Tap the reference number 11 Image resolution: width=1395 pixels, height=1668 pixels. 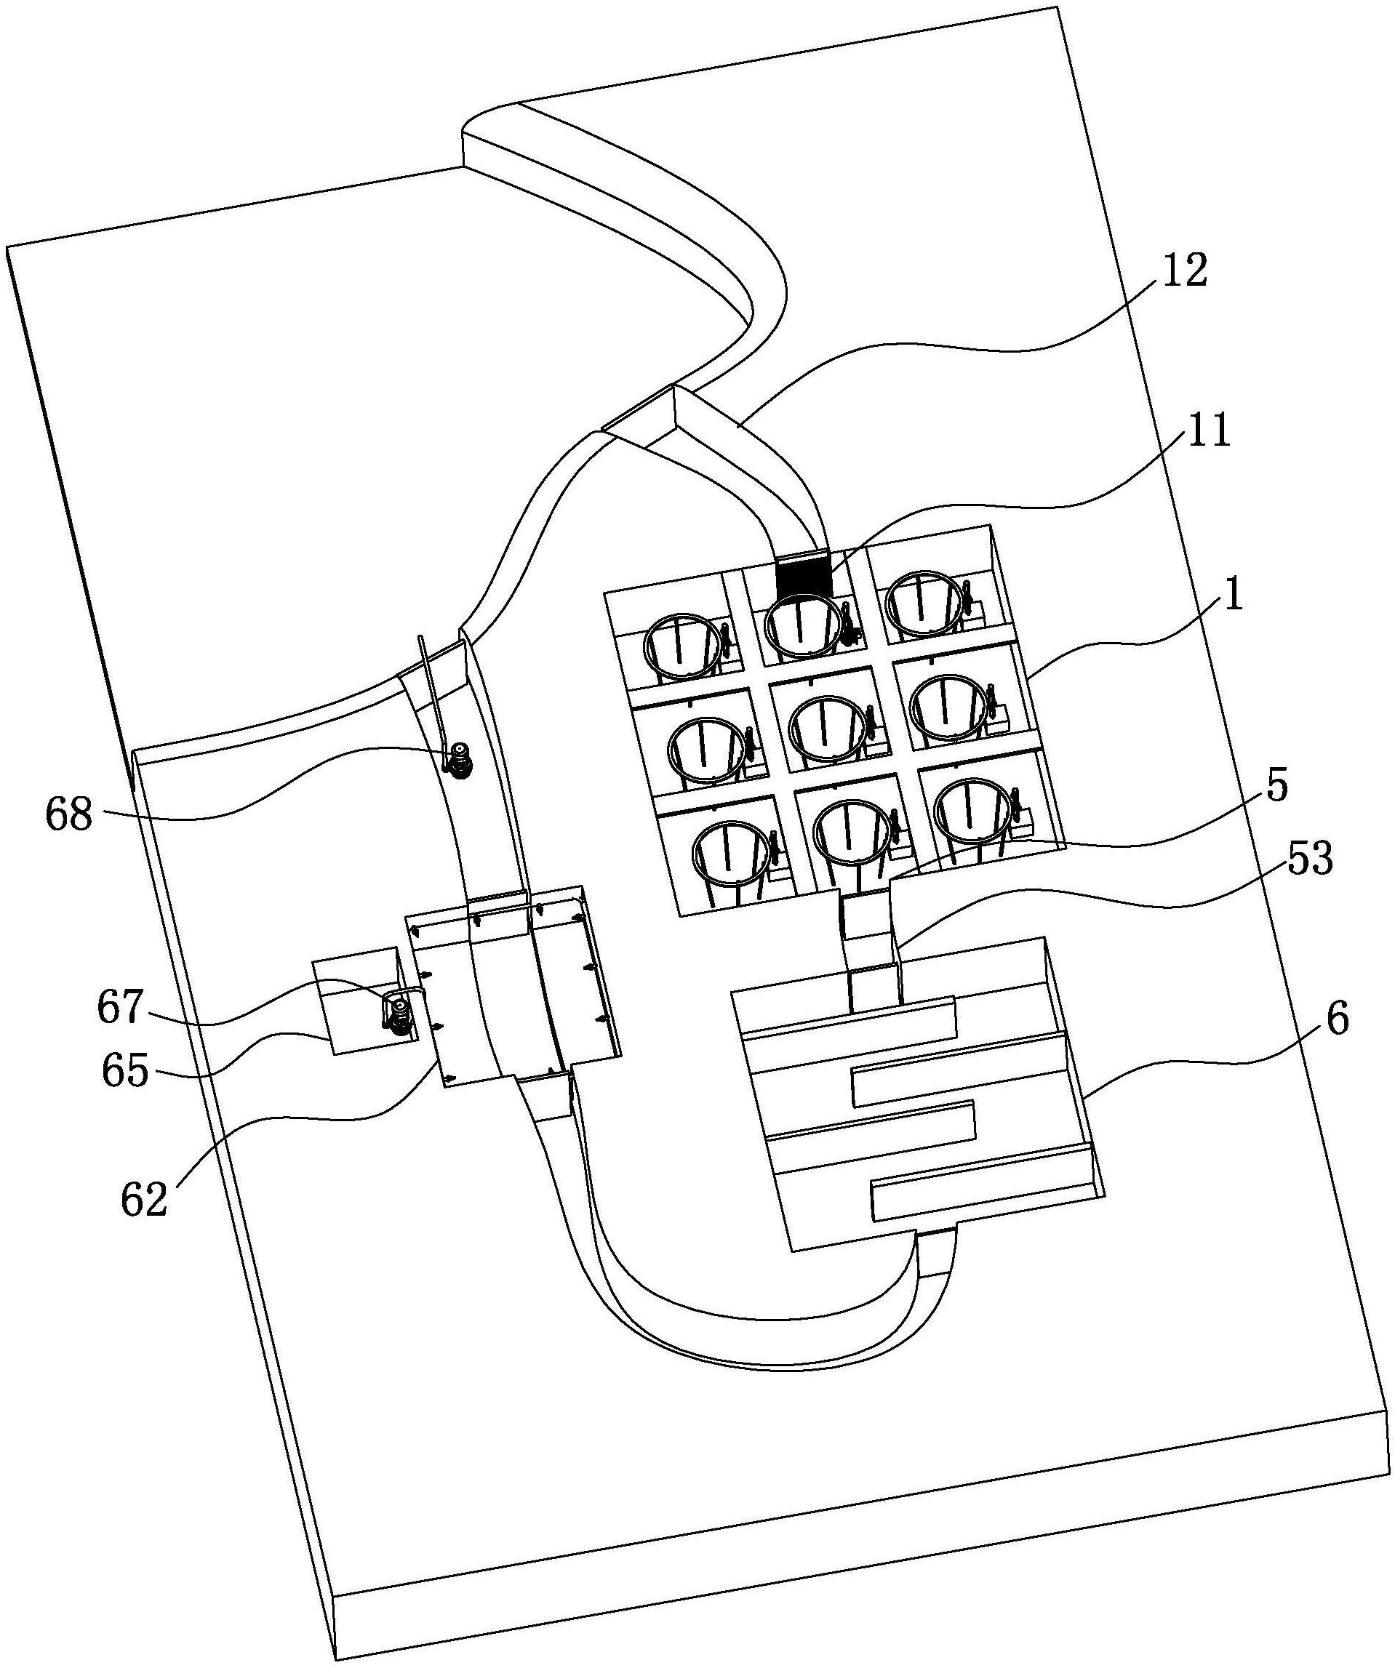1208,432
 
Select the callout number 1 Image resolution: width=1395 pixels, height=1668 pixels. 1233,593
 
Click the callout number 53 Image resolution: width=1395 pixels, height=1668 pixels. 1310,859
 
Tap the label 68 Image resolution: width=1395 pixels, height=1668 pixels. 69,814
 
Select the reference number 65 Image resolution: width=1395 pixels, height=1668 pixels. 126,1072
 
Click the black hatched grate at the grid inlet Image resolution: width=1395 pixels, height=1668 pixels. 803,579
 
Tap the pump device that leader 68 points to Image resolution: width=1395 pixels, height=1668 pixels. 458,760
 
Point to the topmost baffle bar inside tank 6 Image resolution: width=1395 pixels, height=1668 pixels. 850,1017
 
